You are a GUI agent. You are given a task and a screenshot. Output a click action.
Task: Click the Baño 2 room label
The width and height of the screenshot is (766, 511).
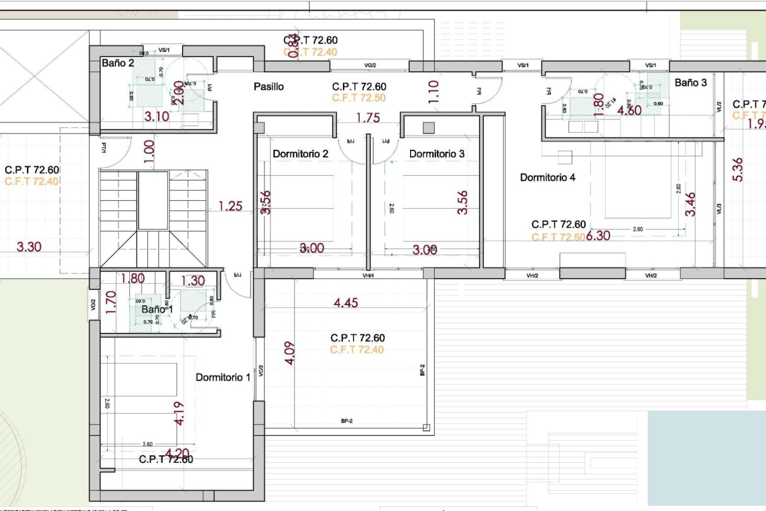pos(118,63)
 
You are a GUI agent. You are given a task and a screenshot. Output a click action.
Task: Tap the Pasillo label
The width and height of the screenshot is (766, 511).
pos(268,87)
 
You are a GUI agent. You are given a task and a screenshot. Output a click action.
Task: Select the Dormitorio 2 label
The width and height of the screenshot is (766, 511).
pos(300,154)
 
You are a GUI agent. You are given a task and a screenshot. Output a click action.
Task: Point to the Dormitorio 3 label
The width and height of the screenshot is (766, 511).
pos(437,154)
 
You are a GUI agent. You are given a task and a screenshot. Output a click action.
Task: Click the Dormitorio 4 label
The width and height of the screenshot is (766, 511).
pos(547,178)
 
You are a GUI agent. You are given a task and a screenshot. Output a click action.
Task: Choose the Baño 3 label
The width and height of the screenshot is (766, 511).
pos(690,83)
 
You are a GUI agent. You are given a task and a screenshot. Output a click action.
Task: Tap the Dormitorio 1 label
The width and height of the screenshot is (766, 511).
pos(223,377)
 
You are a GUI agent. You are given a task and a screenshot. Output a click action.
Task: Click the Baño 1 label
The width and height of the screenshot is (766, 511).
pos(157,309)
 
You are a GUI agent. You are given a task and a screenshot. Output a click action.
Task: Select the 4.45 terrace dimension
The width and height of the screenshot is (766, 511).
pos(345,303)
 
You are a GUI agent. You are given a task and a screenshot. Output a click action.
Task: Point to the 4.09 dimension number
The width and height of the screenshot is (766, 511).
pos(290,353)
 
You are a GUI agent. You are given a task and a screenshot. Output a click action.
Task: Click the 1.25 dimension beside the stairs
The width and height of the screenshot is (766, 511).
pos(230,206)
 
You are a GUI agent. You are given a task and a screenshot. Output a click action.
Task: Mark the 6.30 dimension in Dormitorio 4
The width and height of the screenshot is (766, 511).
pos(598,236)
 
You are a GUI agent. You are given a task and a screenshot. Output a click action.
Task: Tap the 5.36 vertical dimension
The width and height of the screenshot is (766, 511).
pos(738,170)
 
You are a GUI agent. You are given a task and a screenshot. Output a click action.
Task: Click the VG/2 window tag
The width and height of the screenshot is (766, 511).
pos(370,65)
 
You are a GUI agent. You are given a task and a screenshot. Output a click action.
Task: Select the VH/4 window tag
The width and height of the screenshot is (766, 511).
pos(368,275)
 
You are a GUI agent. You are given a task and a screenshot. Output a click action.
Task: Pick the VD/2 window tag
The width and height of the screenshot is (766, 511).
pos(93,305)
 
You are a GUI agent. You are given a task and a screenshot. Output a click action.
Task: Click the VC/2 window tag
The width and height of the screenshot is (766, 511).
pos(261,370)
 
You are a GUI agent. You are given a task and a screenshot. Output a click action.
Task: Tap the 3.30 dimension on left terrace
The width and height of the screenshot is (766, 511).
pos(29,247)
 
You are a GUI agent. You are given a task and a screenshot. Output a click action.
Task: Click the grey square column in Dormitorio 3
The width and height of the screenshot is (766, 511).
pos(428,128)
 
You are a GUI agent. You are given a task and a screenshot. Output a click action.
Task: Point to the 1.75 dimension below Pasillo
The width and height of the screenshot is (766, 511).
pos(368,118)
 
